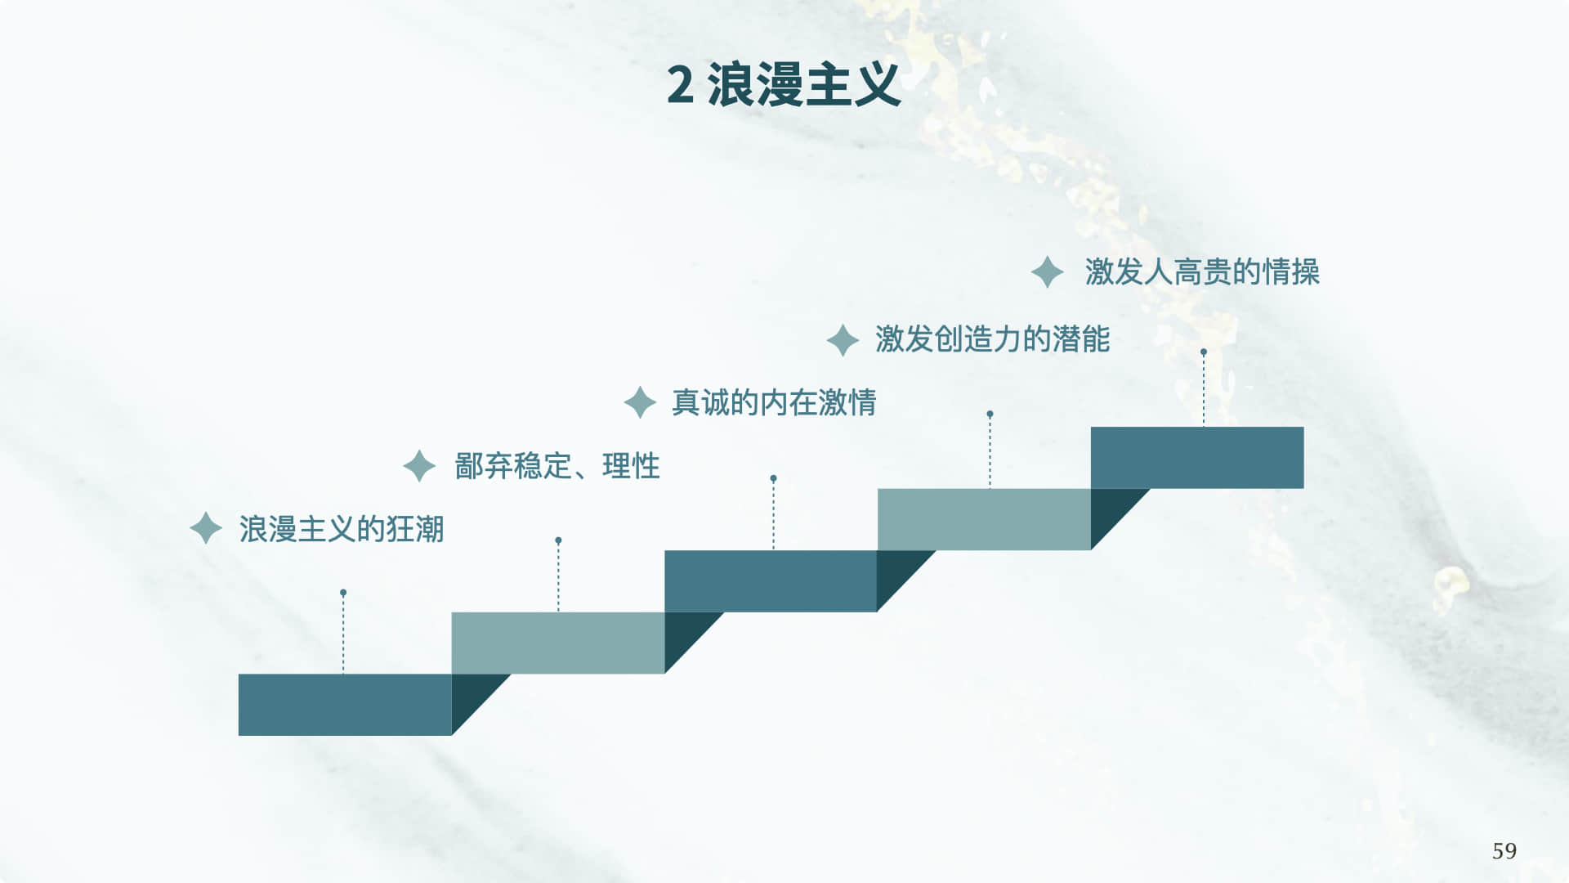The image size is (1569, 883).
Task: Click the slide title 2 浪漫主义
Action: coord(783,85)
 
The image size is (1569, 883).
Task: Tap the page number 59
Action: coord(1504,851)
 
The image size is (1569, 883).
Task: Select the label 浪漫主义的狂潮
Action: coord(342,529)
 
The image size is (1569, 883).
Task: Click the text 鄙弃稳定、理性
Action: coord(557,466)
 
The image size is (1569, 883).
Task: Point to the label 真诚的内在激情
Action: coord(773,402)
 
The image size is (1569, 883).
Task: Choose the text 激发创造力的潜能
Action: coord(992,339)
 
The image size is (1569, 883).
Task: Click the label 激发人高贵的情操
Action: coord(1202,272)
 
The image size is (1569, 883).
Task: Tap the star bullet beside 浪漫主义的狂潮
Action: coord(206,528)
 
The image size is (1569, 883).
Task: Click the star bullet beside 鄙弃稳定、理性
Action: coord(419,466)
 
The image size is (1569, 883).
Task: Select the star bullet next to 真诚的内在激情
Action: coord(640,402)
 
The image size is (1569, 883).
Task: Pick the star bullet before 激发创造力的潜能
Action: coord(843,340)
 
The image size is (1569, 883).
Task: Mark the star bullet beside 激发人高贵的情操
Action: coord(1047,272)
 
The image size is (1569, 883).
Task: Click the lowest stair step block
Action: coord(345,704)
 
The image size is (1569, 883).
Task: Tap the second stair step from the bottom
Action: coord(558,643)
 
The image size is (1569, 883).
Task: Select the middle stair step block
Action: coord(771,580)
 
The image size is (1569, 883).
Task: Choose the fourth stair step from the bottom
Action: coord(984,519)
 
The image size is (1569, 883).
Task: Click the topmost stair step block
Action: coord(1197,457)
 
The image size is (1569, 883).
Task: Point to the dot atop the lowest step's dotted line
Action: coord(343,593)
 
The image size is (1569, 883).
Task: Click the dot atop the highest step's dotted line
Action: coord(1204,352)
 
